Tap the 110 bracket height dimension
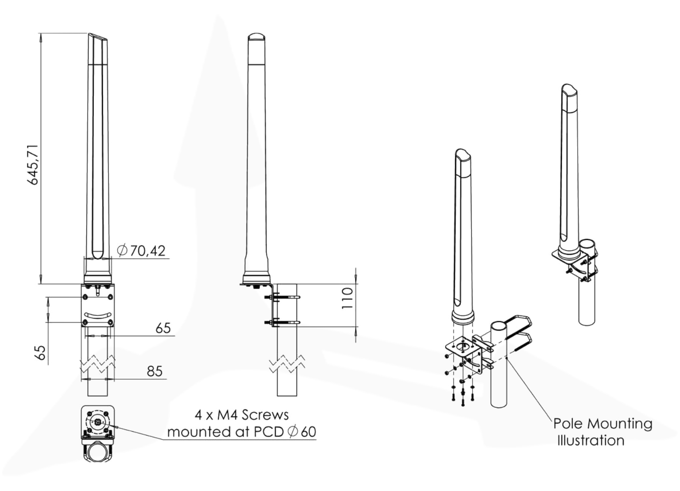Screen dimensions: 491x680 348,298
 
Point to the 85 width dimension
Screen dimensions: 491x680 155,371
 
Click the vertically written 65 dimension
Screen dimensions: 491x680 40,353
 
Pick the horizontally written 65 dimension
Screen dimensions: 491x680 163,328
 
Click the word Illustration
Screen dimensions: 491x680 591,440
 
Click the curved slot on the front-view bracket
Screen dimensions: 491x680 98,314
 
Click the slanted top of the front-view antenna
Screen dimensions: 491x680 98,38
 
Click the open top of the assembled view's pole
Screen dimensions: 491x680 587,244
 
